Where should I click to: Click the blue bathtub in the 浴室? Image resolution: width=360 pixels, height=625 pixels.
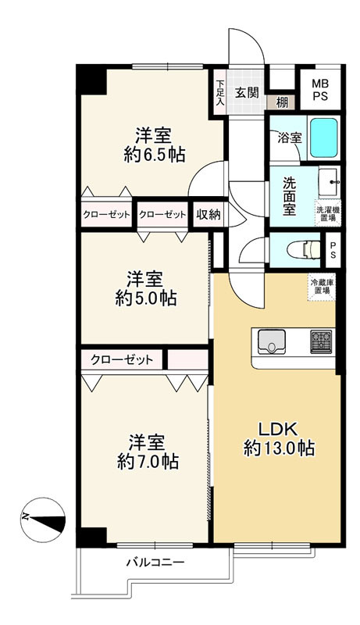tap(323, 137)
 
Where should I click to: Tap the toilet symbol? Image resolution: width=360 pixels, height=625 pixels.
tap(306, 250)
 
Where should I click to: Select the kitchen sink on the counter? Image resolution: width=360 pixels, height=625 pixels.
tap(272, 341)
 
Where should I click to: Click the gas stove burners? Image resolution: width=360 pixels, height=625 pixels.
tap(321, 341)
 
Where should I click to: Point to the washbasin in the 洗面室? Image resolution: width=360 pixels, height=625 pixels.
tap(330, 182)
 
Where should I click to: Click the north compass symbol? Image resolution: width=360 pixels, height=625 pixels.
tap(43, 520)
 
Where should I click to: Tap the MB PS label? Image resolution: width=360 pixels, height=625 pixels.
tap(320, 90)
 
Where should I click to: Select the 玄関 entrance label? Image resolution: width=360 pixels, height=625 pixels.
tap(247, 92)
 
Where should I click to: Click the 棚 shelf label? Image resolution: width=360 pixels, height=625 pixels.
tap(282, 103)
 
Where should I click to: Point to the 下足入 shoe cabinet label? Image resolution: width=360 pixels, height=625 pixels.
tap(219, 93)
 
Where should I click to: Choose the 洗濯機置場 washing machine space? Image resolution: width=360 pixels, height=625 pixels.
tap(328, 213)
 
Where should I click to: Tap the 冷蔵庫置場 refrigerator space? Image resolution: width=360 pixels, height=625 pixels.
tap(323, 286)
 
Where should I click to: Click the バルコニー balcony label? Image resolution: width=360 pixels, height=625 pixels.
tap(155, 562)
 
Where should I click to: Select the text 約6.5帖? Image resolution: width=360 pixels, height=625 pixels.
tap(155, 155)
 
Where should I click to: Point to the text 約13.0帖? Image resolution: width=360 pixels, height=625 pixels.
tap(279, 448)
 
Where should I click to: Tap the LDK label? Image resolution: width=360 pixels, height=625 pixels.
tap(278, 430)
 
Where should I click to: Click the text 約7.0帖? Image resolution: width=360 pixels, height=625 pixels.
tap(148, 461)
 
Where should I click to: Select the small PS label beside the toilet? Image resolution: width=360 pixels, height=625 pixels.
tap(333, 250)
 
